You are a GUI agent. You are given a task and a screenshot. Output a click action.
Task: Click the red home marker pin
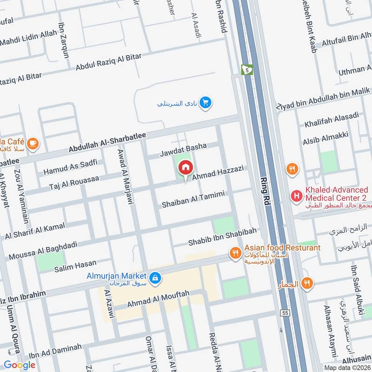click(x=186, y=167)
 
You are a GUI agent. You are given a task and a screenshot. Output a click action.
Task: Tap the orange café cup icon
click(x=33, y=143)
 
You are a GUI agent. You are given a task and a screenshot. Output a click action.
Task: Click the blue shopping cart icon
click(x=205, y=103)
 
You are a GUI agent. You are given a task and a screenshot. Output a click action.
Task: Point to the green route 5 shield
click(x=246, y=69)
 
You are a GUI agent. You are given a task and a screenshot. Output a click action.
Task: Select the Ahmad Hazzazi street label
click(x=218, y=173)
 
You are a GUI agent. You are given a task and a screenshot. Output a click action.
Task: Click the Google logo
click(x=20, y=365)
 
